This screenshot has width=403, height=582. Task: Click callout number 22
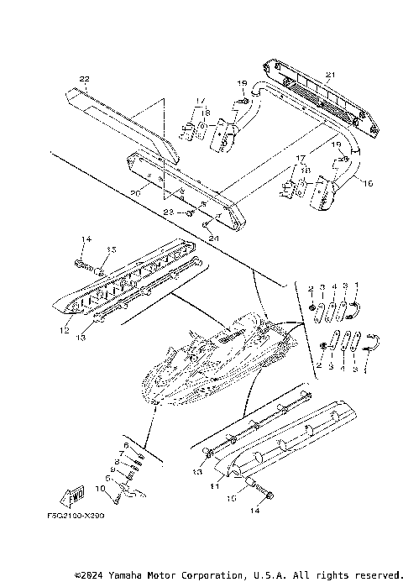[83, 79]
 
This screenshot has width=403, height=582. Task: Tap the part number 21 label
[330, 76]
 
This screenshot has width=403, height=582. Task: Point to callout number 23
[169, 212]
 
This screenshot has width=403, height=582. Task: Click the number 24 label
[212, 238]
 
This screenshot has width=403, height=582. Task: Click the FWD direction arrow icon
[71, 495]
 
